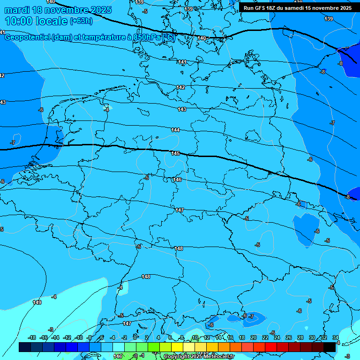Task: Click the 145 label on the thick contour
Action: [x=175, y=153]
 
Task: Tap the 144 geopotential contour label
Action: [x=175, y=130]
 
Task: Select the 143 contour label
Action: [x=182, y=109]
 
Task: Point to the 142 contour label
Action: [x=180, y=88]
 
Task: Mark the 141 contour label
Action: [x=182, y=62]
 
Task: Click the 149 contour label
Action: [x=37, y=302]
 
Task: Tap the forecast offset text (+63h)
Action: [x=81, y=21]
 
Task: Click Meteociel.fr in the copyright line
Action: [x=218, y=357]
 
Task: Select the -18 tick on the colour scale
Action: [x=32, y=337]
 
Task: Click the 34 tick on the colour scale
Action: [x=335, y=337]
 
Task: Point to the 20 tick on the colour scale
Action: [x=253, y=337]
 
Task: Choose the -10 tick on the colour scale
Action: [x=79, y=337]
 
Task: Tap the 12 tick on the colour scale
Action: [x=207, y=337]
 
